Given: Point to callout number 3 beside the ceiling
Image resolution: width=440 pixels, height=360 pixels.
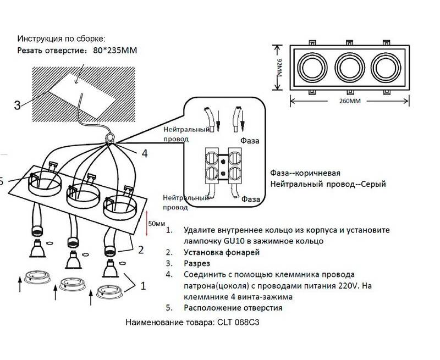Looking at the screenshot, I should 18,106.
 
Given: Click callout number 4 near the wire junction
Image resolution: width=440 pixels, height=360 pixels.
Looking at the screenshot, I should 145,154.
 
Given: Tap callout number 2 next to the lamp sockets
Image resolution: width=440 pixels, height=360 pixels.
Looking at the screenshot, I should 141,250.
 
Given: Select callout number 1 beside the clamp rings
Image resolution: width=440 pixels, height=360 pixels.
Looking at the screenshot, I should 144,285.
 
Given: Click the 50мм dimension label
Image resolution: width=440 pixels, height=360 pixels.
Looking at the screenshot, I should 157,223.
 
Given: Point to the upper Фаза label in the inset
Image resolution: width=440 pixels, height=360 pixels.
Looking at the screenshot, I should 250,141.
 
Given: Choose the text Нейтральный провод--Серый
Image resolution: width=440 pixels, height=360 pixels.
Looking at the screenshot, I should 328,184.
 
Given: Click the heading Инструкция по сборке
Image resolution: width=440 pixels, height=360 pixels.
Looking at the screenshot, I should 61,39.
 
